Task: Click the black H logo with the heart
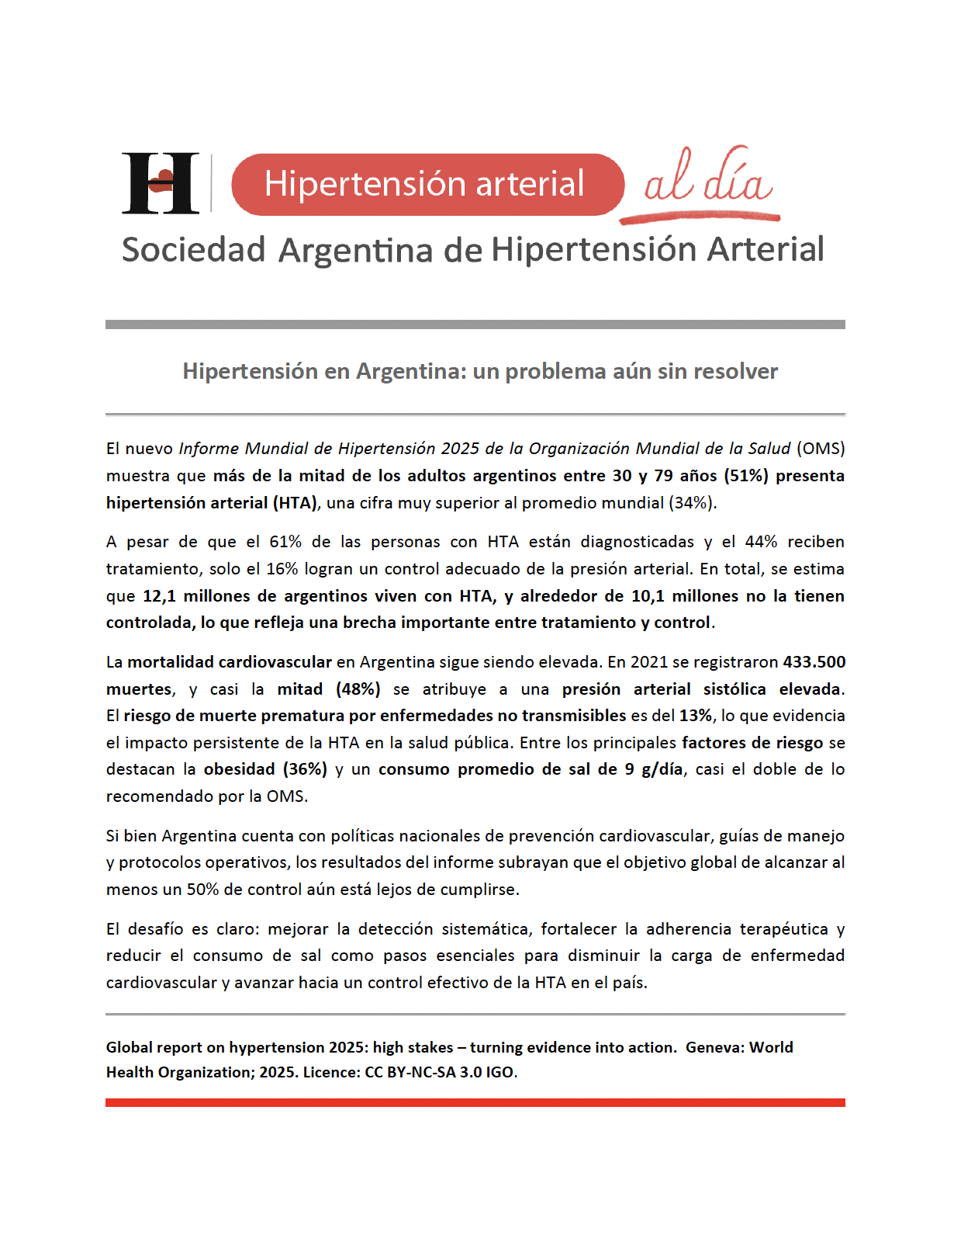(161, 183)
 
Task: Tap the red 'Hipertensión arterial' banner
(427, 184)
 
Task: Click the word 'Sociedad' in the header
(194, 250)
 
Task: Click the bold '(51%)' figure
(746, 476)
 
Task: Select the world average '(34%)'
(690, 503)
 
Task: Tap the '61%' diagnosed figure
(285, 542)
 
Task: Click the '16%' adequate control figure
(282, 569)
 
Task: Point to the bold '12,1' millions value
(160, 596)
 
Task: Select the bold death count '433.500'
(814, 662)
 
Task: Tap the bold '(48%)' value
(358, 689)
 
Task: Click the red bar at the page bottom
(475, 1102)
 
